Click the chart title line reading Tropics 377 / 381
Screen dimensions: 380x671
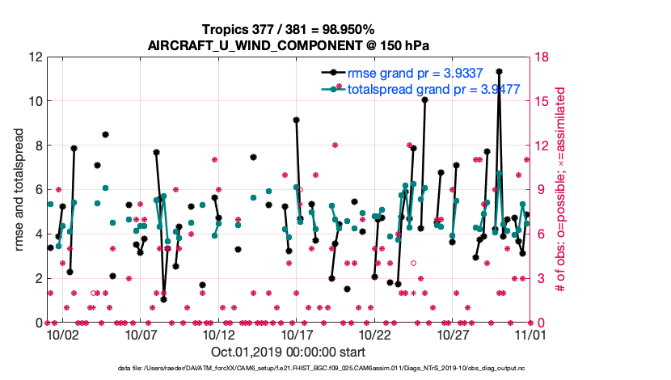tap(289, 29)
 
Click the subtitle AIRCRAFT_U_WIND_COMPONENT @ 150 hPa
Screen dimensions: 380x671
tap(289, 45)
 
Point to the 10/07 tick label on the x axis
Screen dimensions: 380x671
tap(140, 334)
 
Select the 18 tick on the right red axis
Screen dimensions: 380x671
tap(542, 57)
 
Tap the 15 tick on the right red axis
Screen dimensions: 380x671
tap(542, 101)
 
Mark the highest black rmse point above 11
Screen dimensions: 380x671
tap(500, 71)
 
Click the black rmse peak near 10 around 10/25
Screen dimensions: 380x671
tap(424, 99)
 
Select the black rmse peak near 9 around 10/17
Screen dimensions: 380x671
tap(297, 120)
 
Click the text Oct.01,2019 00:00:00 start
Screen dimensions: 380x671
tap(288, 352)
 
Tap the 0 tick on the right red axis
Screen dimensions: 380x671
tap(538, 322)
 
